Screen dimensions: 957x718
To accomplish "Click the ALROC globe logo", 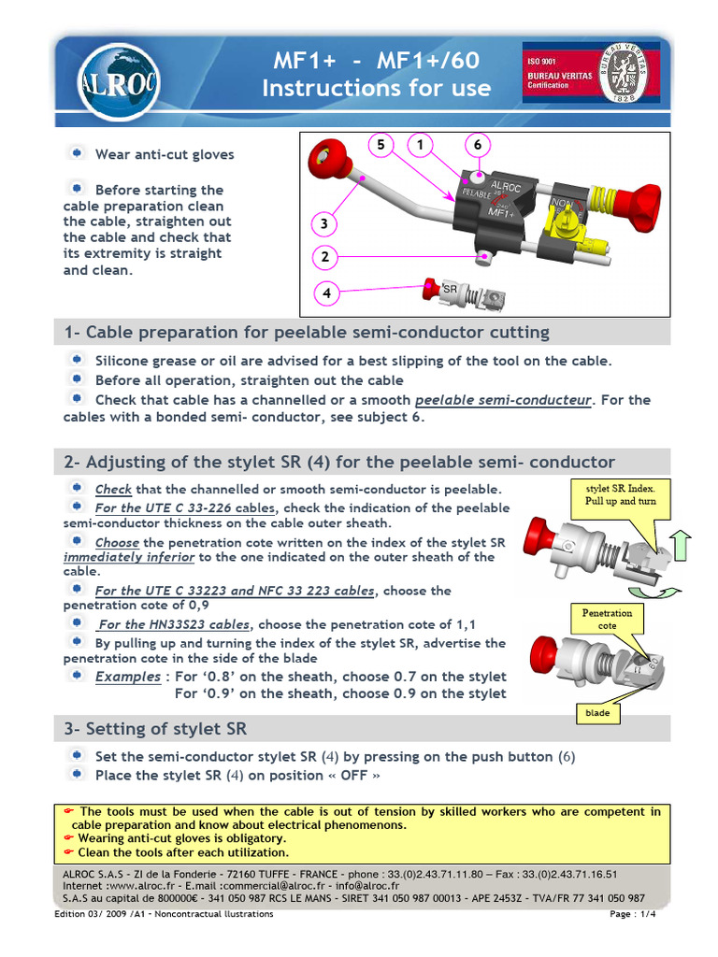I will (105, 81).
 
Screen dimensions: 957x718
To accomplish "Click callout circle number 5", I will (381, 145).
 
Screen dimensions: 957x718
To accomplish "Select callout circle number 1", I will (421, 145).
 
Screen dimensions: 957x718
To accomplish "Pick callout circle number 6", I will (477, 145).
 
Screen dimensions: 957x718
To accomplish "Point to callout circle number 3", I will (323, 224).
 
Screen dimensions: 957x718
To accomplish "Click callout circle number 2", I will (323, 257).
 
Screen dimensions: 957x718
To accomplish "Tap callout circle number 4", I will (326, 293).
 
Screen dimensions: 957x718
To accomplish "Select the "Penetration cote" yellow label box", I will (607, 619).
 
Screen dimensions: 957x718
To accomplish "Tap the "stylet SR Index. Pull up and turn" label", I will (621, 494).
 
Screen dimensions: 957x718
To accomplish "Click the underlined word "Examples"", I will (127, 677).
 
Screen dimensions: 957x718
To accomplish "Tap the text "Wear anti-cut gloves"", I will (165, 154).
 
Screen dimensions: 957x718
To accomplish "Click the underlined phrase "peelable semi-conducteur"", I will (503, 400).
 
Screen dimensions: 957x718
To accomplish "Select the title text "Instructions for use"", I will (376, 89).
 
